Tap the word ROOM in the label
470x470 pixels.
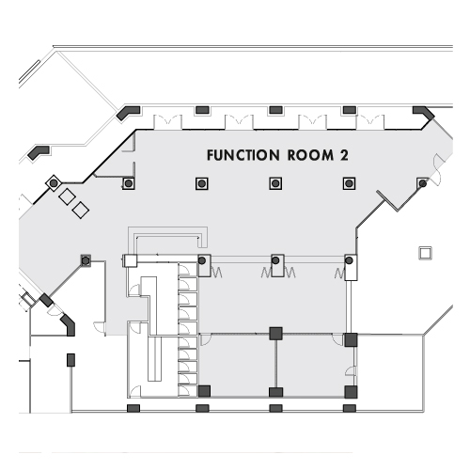coord(310,155)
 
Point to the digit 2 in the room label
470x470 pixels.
coord(344,155)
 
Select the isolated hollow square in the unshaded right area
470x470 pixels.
coord(425,253)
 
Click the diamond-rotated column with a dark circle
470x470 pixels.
coord(54,183)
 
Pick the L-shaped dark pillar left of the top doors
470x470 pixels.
coord(128,113)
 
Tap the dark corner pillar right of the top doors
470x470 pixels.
coord(424,113)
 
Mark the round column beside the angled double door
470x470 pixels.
coord(423,183)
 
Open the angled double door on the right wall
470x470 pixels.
coord(438,169)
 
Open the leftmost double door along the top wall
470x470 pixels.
coord(167,121)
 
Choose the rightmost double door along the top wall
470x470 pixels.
coord(370,121)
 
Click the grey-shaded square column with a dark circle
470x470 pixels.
coord(86,260)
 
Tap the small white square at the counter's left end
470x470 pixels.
coord(130,260)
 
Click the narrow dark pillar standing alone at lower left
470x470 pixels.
coord(71,360)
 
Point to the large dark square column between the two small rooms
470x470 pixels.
coord(275,334)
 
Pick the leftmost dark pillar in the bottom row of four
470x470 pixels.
coord(133,408)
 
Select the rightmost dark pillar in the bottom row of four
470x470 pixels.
coord(350,408)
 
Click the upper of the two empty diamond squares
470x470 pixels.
coord(67,196)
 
